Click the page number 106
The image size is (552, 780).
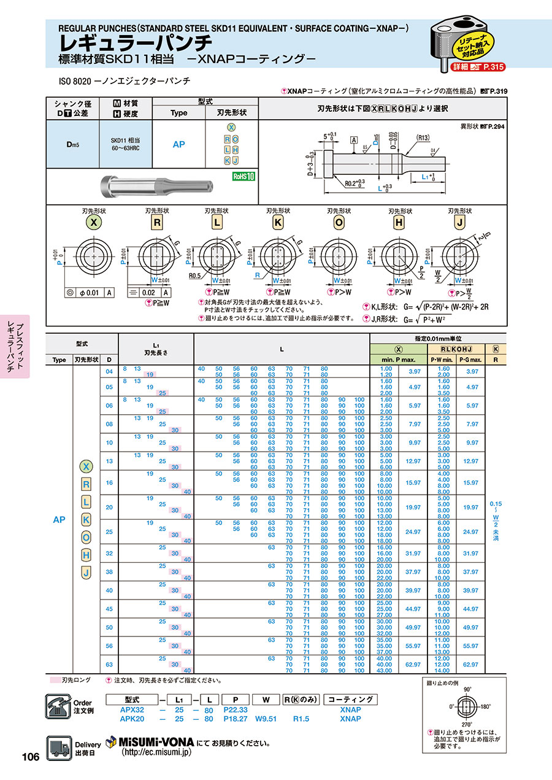[x=31, y=757]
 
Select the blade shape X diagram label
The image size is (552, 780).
[x=94, y=223]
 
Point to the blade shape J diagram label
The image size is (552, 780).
[x=459, y=223]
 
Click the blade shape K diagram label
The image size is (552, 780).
[x=277, y=223]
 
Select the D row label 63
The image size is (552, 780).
[x=109, y=664]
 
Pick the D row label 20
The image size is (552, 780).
[x=109, y=508]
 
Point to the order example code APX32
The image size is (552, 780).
[x=132, y=709]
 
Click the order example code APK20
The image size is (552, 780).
[x=132, y=718]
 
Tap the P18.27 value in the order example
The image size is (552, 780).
[x=236, y=718]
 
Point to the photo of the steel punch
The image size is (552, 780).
[x=158, y=183]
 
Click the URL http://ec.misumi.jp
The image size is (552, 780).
[x=157, y=752]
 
